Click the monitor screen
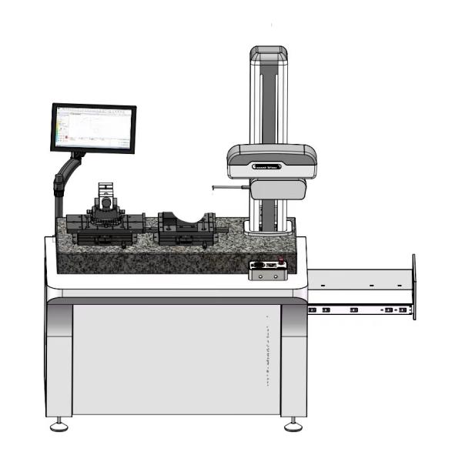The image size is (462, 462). [x=93, y=128]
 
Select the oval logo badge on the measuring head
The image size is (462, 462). [x=267, y=164]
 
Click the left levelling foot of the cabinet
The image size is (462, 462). [x=58, y=424]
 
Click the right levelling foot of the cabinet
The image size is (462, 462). [x=292, y=424]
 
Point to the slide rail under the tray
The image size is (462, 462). [x=358, y=310]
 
